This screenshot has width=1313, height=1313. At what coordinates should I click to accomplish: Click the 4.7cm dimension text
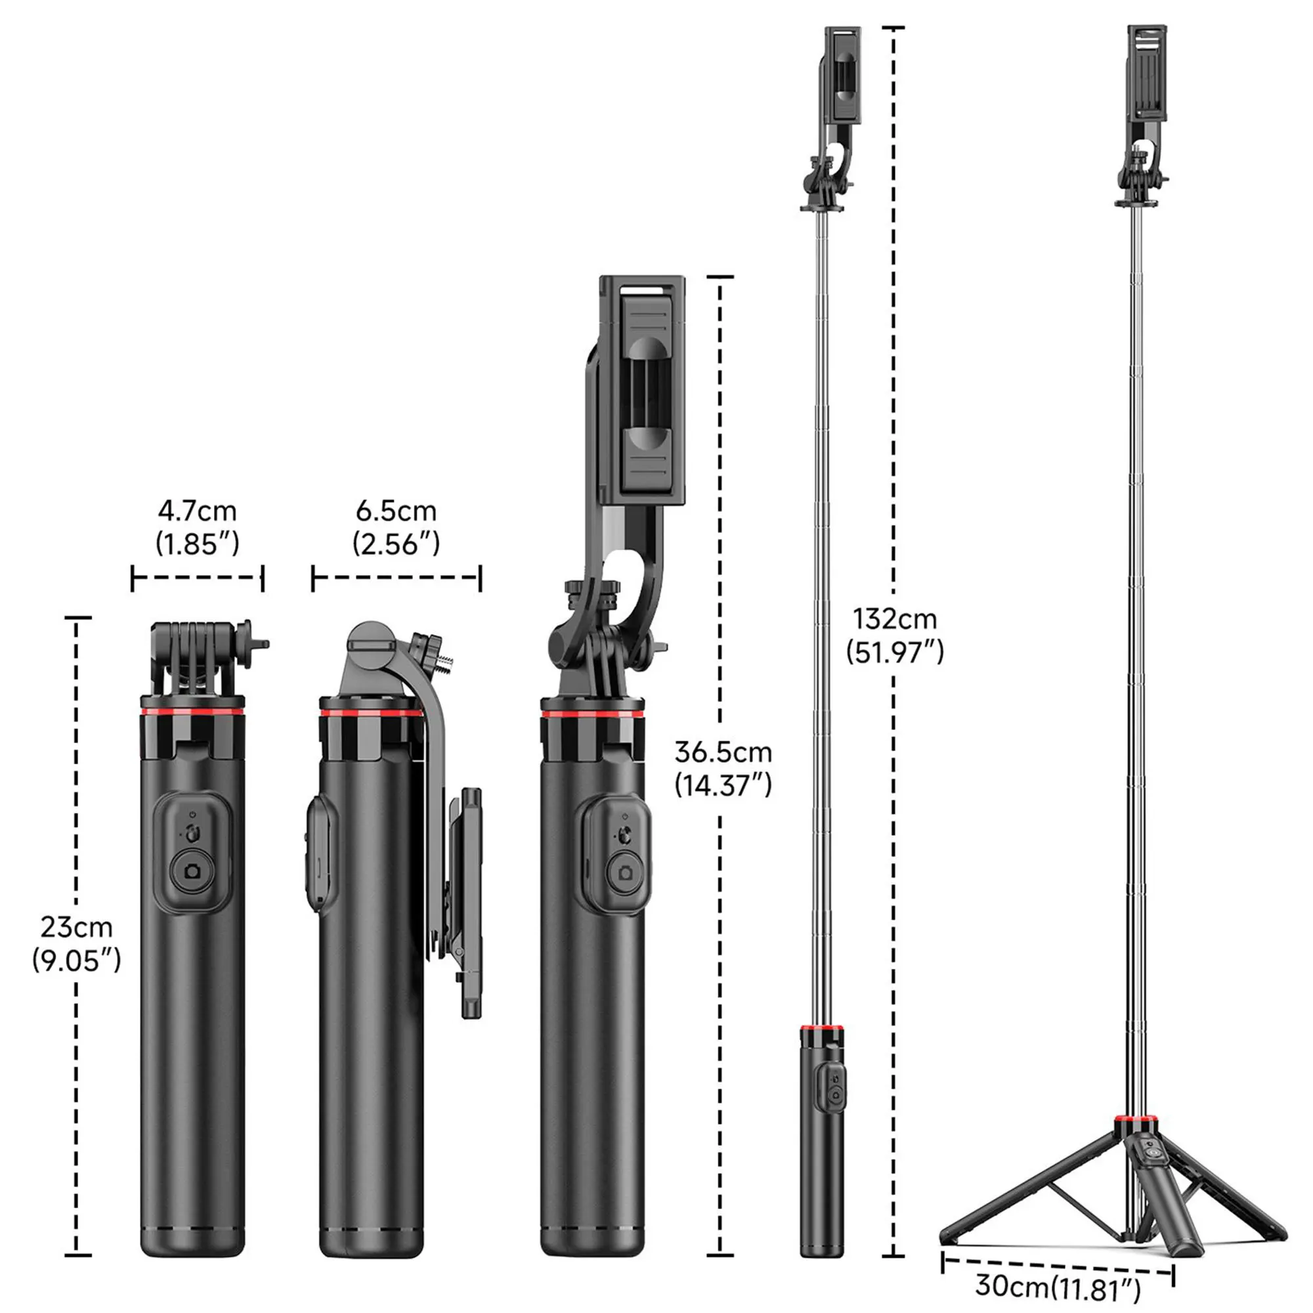pyautogui.click(x=197, y=510)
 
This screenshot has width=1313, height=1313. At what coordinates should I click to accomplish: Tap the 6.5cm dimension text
pyautogui.click(x=397, y=510)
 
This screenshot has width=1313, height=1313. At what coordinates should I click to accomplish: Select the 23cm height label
pyautogui.click(x=76, y=927)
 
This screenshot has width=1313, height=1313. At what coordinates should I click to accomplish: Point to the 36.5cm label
pyautogui.click(x=723, y=752)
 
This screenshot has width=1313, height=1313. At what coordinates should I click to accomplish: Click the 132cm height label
pyautogui.click(x=895, y=619)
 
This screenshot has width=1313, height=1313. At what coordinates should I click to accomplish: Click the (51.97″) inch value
pyautogui.click(x=895, y=653)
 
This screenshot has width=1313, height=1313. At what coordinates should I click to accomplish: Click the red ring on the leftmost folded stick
pyautogui.click(x=192, y=712)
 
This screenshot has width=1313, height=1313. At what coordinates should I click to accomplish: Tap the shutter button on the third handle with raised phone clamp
pyautogui.click(x=624, y=872)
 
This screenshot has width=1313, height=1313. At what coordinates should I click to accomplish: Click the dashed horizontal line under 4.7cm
pyautogui.click(x=197, y=578)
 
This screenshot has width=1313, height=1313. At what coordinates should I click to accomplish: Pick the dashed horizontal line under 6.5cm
pyautogui.click(x=397, y=578)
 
